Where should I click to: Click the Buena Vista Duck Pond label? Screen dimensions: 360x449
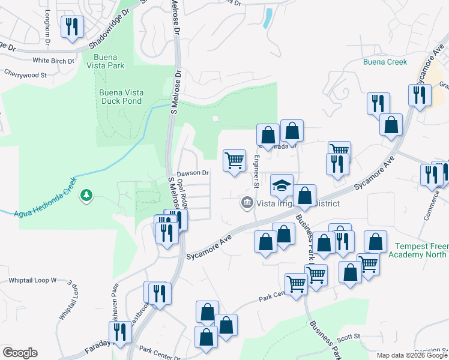(x=121, y=97)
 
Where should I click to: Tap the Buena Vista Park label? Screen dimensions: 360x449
(x=109, y=61)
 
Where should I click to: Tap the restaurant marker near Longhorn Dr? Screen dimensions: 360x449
(x=72, y=27)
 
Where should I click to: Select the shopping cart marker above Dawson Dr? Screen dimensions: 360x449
(x=234, y=160)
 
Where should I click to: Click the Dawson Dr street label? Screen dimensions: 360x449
(x=193, y=173)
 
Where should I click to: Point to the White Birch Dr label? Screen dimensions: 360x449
(x=53, y=61)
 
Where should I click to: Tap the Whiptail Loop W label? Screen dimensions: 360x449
(x=32, y=280)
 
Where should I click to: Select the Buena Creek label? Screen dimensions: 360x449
(x=385, y=62)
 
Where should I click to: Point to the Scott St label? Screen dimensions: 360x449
(x=348, y=337)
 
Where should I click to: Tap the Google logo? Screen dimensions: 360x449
(x=20, y=353)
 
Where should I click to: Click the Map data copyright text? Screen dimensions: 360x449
(x=412, y=355)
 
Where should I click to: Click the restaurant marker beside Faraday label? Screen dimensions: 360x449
(x=120, y=332)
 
